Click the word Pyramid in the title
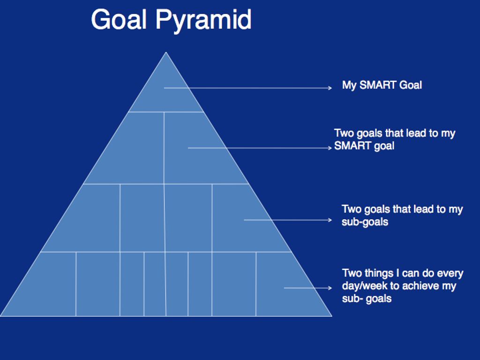[203, 20]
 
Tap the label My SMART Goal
[382, 85]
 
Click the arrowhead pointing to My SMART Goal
[330, 88]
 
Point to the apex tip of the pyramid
[166, 52]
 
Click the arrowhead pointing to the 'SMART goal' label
[330, 148]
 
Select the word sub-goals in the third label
[365, 222]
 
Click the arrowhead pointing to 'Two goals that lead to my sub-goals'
[330, 220]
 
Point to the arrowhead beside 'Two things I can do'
[330, 288]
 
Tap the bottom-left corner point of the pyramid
[0, 316]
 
